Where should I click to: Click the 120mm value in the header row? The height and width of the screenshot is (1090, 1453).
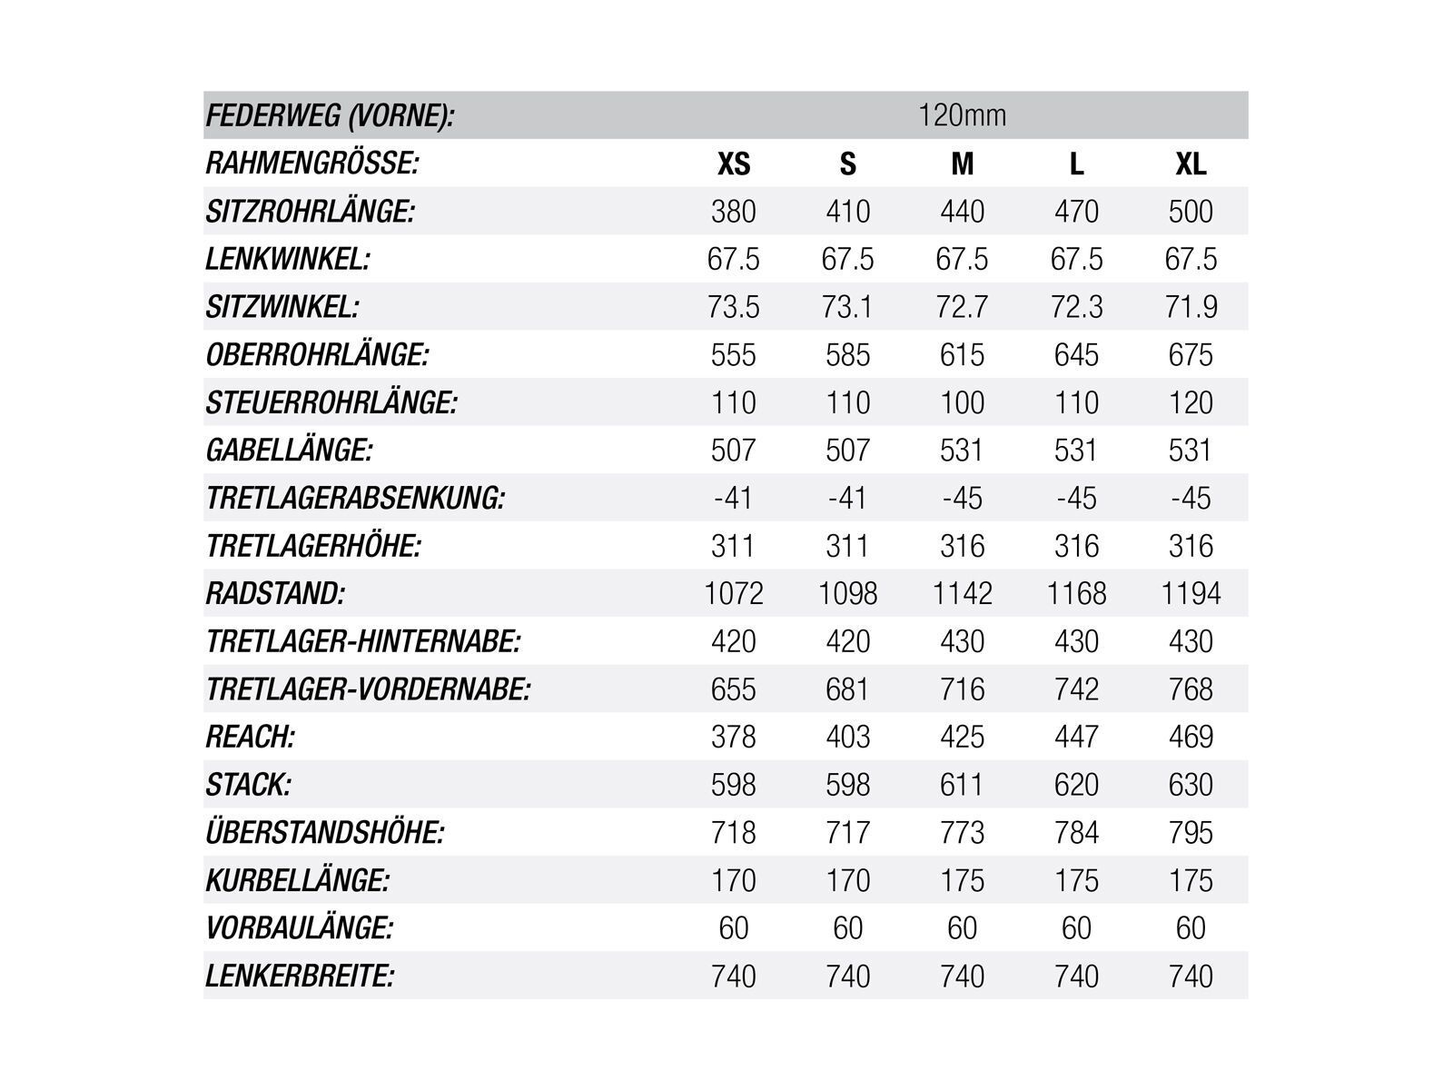[x=962, y=116]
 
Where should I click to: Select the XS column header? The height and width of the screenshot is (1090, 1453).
[x=734, y=163]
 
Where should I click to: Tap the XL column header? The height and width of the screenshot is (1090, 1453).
[x=1191, y=163]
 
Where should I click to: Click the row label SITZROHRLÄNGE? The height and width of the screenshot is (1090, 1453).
[x=311, y=212]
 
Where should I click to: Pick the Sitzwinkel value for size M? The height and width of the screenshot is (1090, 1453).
[x=962, y=307]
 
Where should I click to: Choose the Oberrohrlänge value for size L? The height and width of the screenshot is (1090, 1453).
[x=1076, y=355]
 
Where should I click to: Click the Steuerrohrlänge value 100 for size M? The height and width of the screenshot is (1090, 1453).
[x=962, y=402]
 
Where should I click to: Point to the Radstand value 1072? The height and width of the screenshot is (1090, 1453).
[x=734, y=594]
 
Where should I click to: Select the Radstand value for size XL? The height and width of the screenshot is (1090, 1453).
[x=1191, y=594]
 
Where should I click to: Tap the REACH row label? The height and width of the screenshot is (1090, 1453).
[x=251, y=737]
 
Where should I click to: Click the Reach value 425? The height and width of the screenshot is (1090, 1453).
[x=962, y=737]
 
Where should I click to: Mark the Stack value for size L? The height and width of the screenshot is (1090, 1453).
[x=1076, y=785]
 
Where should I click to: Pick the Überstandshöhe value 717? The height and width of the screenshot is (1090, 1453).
[x=847, y=833]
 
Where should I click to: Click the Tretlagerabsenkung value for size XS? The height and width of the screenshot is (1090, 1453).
[x=734, y=499]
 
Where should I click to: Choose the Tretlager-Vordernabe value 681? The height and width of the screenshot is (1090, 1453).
[x=847, y=689]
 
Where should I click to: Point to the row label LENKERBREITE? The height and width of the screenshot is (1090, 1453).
[x=300, y=976]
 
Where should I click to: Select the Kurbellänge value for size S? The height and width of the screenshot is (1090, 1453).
[x=847, y=880]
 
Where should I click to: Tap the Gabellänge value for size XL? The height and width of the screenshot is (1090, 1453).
[x=1191, y=451]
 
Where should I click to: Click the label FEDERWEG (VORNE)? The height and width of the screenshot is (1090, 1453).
[x=330, y=116]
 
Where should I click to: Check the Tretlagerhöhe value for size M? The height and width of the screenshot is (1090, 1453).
[x=962, y=546]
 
